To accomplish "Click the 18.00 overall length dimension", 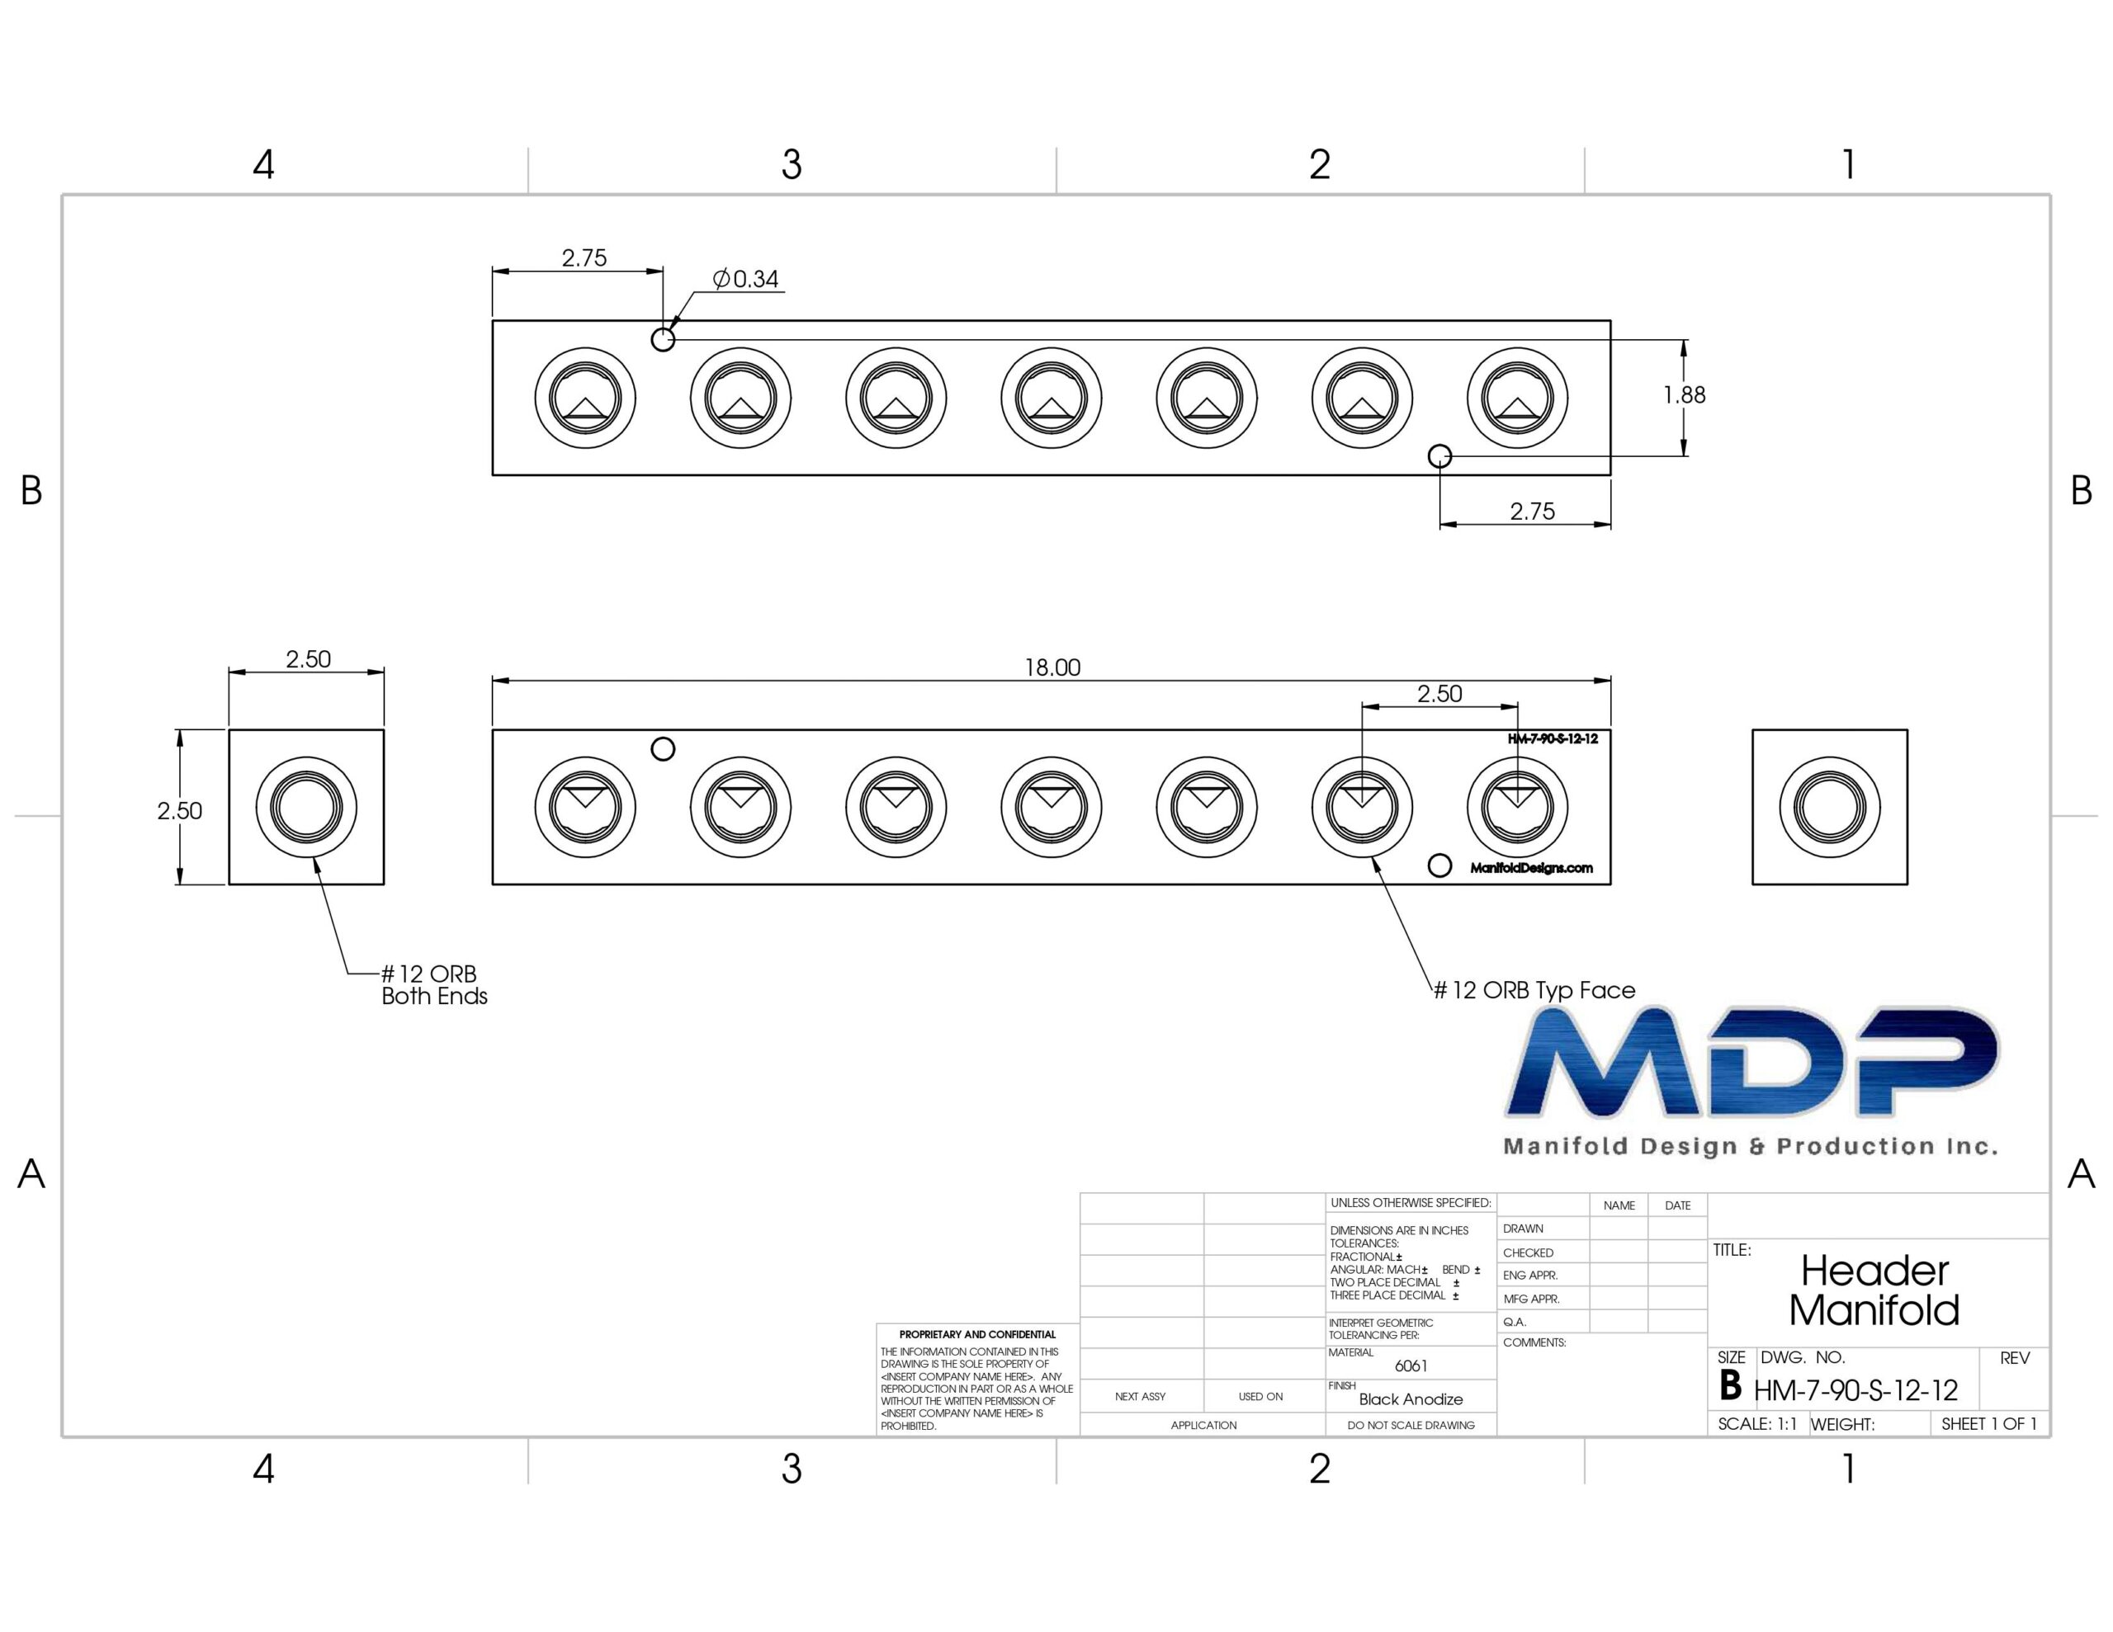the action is pos(1052,667).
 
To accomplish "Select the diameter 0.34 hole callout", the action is pos(745,279).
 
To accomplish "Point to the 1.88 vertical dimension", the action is pos(1685,394).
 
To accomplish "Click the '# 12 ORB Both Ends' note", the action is pos(433,985).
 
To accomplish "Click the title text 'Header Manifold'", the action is pos(1874,1290).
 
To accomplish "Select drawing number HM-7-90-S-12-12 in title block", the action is pos(1855,1390).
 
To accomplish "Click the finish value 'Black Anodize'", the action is pos(1411,1399).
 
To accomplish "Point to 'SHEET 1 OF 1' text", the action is pos(1989,1424).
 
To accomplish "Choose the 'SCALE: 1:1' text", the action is pos(1757,1424).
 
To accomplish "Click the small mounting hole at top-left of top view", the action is pos(663,340).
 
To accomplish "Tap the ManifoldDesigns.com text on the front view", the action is pos(1532,868).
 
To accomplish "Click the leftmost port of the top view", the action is pos(585,398).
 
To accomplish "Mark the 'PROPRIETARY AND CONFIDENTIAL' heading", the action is pos(977,1334).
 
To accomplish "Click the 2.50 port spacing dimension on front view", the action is pos(1439,694).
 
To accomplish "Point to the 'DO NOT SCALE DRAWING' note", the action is pos(1411,1425).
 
